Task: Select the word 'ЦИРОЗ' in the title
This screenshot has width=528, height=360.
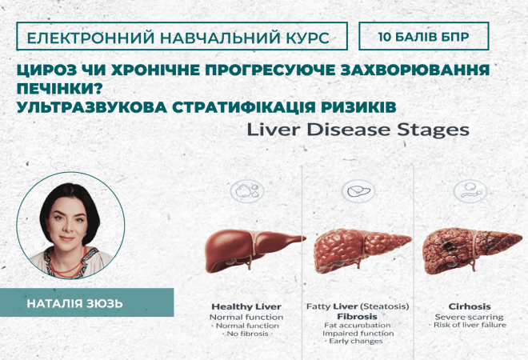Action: [42, 70]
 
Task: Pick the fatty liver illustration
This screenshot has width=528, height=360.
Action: [357, 250]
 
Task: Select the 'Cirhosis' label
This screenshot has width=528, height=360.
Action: [469, 306]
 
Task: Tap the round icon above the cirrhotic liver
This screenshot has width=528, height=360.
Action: [468, 190]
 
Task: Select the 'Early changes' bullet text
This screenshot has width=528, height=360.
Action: [358, 342]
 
